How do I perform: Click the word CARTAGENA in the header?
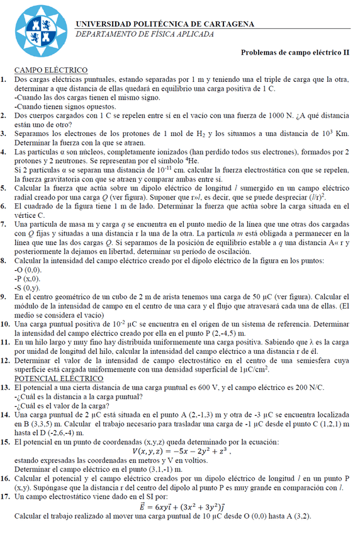(x=230, y=24)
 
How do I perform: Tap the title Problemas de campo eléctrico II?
(x=295, y=54)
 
